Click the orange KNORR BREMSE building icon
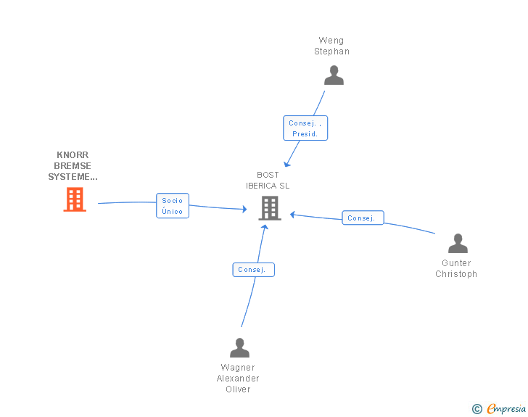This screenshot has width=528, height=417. [75, 199]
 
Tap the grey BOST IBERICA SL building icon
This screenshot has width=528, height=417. [270, 208]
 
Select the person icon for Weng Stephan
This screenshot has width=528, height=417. [334, 75]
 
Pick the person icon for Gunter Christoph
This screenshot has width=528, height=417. [458, 243]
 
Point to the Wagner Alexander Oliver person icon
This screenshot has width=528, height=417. [239, 347]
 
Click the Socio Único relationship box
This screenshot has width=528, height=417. [173, 206]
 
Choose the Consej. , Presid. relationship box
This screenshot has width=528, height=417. [305, 128]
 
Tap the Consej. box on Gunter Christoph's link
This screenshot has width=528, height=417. [363, 218]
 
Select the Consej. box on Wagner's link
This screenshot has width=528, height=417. [253, 270]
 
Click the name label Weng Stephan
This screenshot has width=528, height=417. [331, 46]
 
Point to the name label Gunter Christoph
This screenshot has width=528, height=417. [456, 268]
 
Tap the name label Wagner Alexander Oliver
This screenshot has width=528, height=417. [238, 379]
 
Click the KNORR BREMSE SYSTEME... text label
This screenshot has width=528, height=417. [73, 166]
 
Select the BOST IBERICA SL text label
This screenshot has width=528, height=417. [268, 180]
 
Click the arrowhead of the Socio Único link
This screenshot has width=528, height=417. [245, 209]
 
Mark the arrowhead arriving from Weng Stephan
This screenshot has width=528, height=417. [286, 165]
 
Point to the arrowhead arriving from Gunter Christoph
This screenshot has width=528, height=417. [292, 215]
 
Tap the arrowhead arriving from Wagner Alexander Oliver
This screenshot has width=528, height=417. [265, 227]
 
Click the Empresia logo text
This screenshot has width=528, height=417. [506, 408]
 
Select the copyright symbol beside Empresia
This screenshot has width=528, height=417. [477, 409]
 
